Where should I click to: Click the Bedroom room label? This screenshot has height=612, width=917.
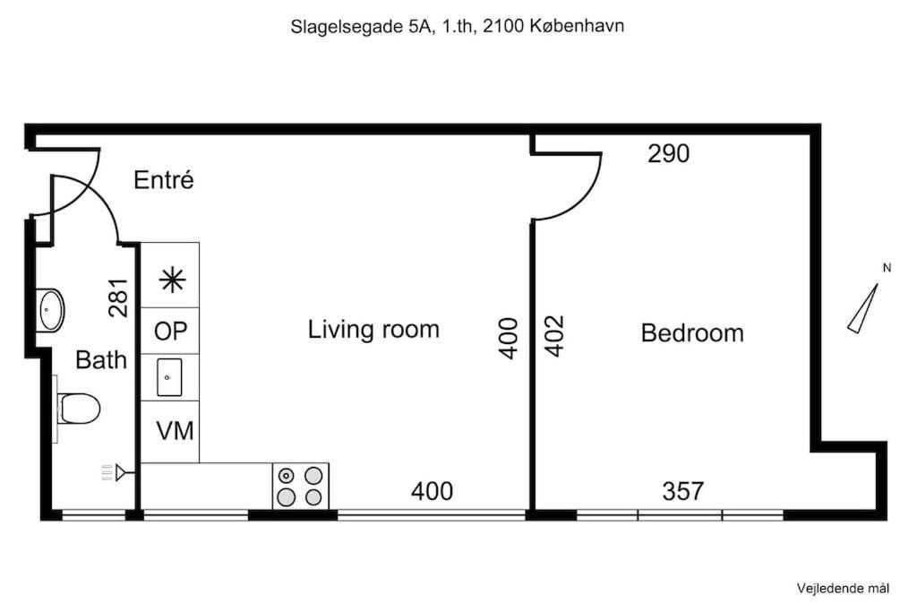pyautogui.click(x=692, y=333)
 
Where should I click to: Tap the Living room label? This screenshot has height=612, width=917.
pyautogui.click(x=373, y=330)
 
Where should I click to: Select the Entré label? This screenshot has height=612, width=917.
pyautogui.click(x=164, y=179)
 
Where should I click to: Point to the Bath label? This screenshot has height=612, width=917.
pyautogui.click(x=101, y=360)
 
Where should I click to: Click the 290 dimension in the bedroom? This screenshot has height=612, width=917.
pyautogui.click(x=668, y=153)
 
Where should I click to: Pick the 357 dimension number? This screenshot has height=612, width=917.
pyautogui.click(x=683, y=491)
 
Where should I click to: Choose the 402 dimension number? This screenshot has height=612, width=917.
pyautogui.click(x=554, y=336)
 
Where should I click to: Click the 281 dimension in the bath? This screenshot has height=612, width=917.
pyautogui.click(x=119, y=297)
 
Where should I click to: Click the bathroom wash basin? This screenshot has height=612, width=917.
pyautogui.click(x=50, y=309)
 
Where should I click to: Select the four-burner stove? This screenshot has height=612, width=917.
pyautogui.click(x=301, y=486)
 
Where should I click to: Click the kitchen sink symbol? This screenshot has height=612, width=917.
pyautogui.click(x=169, y=377)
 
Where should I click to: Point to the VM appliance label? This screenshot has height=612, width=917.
pyautogui.click(x=175, y=431)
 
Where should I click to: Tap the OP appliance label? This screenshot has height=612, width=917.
pyautogui.click(x=171, y=332)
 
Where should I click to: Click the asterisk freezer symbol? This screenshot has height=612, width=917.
pyautogui.click(x=173, y=280)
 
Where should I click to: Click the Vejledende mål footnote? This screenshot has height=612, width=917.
pyautogui.click(x=843, y=589)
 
